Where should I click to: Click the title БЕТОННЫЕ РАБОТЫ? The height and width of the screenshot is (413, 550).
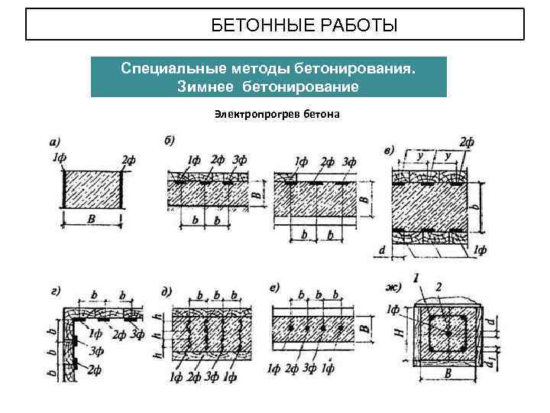[304, 27]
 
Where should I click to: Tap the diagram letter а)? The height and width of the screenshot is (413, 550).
[55, 141]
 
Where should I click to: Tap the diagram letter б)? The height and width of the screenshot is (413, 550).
[170, 139]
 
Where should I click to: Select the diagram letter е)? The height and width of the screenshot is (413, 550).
[276, 288]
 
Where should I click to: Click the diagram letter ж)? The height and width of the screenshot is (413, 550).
[392, 288]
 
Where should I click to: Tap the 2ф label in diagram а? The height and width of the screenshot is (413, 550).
[128, 159]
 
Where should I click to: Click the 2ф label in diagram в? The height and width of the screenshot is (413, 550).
[467, 141]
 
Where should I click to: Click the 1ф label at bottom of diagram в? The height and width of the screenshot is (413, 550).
[480, 249]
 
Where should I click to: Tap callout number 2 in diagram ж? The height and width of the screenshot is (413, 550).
[438, 286]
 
